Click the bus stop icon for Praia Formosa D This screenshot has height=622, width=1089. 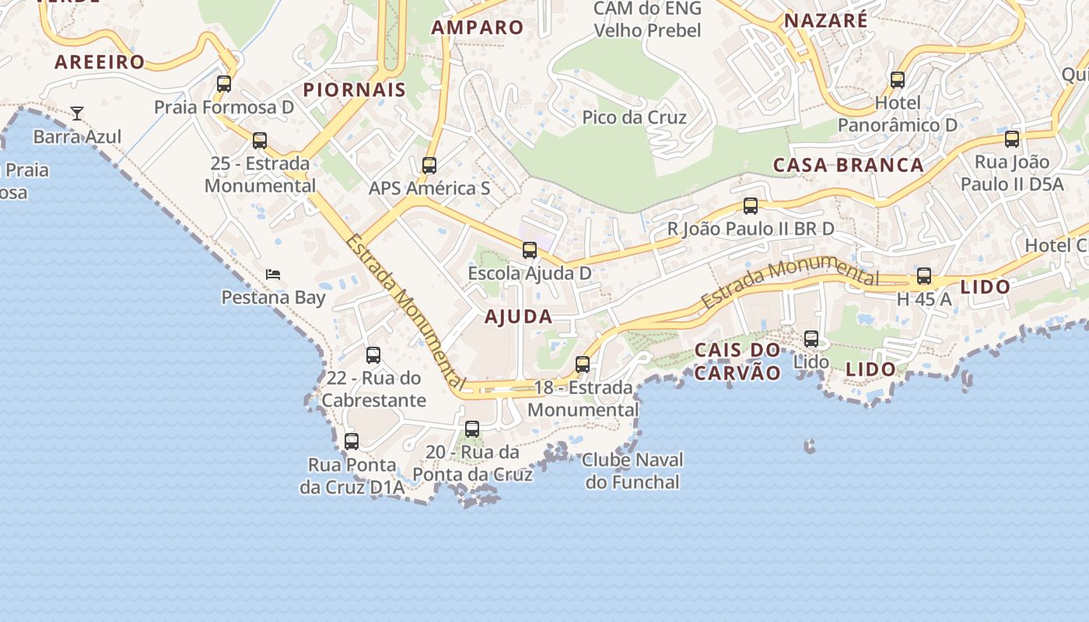point(224,84)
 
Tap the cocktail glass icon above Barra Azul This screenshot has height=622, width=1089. point(77,114)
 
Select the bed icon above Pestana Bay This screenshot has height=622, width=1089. point(273,274)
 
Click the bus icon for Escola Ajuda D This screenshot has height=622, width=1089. point(530,250)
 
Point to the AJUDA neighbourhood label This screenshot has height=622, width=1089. point(519,316)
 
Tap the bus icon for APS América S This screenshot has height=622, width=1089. point(429,166)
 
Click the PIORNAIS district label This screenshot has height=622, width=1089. point(355,89)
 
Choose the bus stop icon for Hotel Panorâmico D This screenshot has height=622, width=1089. point(898,80)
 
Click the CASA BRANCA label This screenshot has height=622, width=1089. point(849,165)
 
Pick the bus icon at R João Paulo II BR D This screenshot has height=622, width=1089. point(751,206)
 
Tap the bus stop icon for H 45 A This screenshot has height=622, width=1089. point(924,276)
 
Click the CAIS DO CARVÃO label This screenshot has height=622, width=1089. point(737,362)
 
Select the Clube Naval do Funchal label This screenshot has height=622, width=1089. point(632,471)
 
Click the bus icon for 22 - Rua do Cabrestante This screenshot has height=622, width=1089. point(373,355)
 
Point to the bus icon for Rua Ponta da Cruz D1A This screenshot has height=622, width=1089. point(352,442)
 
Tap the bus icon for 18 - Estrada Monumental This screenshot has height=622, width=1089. point(583,365)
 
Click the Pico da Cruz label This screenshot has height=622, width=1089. point(635,117)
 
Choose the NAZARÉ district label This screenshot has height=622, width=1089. point(825,20)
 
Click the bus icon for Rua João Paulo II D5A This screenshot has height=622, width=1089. point(1012,139)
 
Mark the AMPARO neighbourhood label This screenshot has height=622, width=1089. point(478,27)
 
